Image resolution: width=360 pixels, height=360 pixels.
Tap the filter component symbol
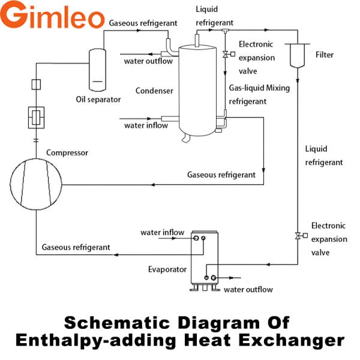coord(296,55)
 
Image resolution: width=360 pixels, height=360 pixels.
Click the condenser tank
coord(200,90)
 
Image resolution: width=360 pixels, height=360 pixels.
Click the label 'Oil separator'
coord(98,99)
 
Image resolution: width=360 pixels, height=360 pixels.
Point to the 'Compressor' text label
coord(67,152)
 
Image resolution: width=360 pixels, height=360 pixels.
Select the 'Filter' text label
coord(325,55)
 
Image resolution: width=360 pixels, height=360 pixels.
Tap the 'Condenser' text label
coord(154,91)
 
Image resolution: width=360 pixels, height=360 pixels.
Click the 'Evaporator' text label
coord(167,269)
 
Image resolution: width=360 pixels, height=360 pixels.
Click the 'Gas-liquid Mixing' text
coord(260,88)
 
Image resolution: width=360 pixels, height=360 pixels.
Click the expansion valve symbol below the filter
coord(298,235)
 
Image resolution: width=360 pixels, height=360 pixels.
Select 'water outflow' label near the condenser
coord(148,61)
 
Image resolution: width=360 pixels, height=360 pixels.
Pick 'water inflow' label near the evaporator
coord(163,232)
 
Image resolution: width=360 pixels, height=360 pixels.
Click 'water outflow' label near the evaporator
coord(248,290)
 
